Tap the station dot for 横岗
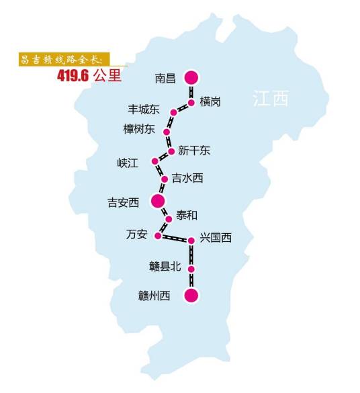coord(191,103)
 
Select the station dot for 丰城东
coord(173,112)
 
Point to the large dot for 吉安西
coord(158,200)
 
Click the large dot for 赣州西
coord(191,296)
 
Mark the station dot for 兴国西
coord(191,240)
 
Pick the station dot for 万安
coord(158,235)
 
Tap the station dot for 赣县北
coord(191,269)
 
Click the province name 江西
coord(270,99)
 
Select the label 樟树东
coord(138,129)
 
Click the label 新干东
coord(194,150)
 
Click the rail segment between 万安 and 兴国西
coord(175,238)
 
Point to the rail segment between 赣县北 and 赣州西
coord(191,282)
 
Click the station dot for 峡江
coord(155,161)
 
